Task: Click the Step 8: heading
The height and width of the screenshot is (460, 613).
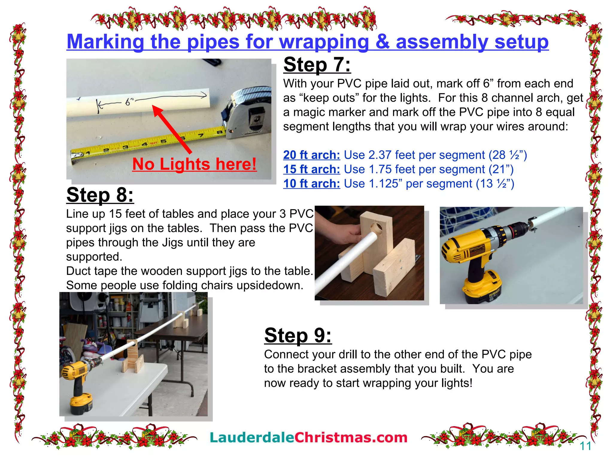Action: click(100, 195)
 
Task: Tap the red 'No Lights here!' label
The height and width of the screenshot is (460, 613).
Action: click(194, 164)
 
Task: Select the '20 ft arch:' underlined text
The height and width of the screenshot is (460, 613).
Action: click(312, 155)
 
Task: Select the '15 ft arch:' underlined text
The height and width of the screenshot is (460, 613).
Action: click(312, 170)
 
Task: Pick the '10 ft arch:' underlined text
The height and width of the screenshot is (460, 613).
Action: click(312, 184)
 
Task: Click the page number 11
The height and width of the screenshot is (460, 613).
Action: click(585, 446)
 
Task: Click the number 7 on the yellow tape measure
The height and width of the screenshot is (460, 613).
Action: click(201, 135)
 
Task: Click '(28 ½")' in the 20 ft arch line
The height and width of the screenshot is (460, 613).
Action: click(508, 155)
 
